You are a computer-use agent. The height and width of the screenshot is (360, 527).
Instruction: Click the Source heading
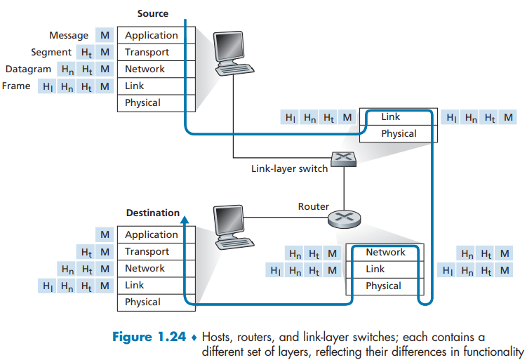click(153, 13)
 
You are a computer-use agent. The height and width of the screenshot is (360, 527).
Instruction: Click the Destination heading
click(153, 213)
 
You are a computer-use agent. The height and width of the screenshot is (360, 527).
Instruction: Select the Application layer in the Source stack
click(156, 35)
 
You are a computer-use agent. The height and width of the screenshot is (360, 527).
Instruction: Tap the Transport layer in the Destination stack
click(156, 251)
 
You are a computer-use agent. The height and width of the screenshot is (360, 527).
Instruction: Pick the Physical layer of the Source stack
click(156, 103)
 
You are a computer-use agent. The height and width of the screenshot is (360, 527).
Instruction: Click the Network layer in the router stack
click(385, 253)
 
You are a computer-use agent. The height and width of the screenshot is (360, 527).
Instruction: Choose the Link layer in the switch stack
click(399, 116)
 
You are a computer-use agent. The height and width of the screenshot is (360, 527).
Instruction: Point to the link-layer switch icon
click(343, 159)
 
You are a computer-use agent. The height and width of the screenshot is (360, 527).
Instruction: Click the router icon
click(344, 219)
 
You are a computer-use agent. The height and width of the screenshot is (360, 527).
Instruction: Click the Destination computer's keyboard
click(234, 243)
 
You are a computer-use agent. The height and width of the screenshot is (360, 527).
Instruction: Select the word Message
click(69, 35)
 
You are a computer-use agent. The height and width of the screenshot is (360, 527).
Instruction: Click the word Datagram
click(28, 69)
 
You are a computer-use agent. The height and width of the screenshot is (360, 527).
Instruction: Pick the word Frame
click(16, 86)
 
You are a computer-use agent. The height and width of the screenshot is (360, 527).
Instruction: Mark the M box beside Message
click(105, 35)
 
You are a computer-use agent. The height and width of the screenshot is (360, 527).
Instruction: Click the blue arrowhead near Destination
click(185, 220)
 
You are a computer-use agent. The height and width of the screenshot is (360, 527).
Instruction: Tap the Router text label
click(314, 206)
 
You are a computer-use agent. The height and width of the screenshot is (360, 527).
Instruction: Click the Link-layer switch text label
click(289, 168)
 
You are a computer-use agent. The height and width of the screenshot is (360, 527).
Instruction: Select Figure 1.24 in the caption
click(149, 337)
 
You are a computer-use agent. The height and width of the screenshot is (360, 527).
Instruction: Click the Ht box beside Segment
click(86, 53)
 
